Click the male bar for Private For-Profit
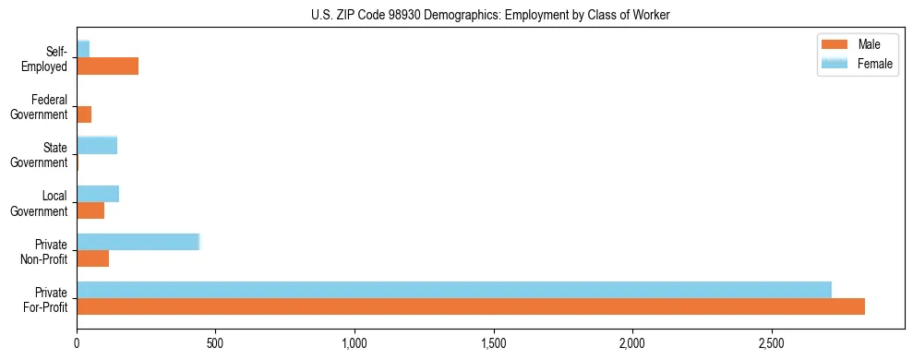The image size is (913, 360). point(471,306)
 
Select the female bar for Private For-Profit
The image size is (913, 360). point(454,289)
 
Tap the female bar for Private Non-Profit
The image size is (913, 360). point(138,242)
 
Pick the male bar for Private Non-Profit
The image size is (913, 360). point(93,258)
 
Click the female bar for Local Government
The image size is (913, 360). point(98,194)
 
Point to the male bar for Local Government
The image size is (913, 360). point(90,210)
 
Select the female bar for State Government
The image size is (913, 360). point(97,145)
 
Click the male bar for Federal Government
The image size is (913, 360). point(84,114)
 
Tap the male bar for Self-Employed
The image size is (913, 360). point(107,66)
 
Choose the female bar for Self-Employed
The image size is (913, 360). point(83,49)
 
